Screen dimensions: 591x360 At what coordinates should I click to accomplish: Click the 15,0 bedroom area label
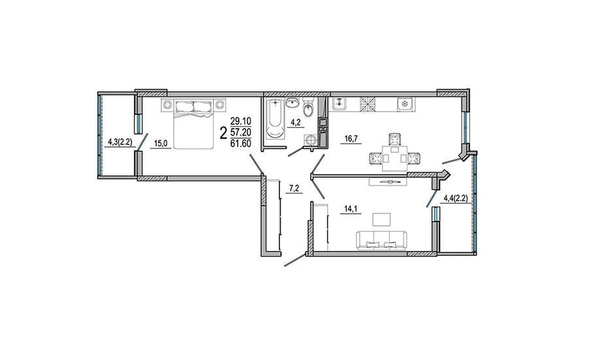(161, 144)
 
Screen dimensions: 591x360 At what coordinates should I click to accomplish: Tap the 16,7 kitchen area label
(353, 139)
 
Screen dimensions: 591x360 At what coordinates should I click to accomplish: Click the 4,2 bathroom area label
(295, 123)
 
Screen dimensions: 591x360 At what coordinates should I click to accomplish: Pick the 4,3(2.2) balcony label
(120, 142)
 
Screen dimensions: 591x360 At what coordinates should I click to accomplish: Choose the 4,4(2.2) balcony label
(456, 198)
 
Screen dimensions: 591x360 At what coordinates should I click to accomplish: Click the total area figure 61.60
(241, 143)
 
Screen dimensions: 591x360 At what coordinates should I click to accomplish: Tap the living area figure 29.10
(241, 122)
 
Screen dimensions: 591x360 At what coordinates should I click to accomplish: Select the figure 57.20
(241, 133)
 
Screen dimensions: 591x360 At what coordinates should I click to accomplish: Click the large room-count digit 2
(223, 133)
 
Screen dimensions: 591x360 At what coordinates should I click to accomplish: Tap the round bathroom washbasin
(293, 103)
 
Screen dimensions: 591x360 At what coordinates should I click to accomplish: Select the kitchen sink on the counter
(340, 103)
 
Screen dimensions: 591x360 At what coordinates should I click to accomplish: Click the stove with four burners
(368, 104)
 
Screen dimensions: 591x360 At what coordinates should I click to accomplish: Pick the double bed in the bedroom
(193, 123)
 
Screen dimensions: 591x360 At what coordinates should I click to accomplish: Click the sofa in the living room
(381, 240)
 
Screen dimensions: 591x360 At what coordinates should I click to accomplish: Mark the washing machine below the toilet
(311, 141)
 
